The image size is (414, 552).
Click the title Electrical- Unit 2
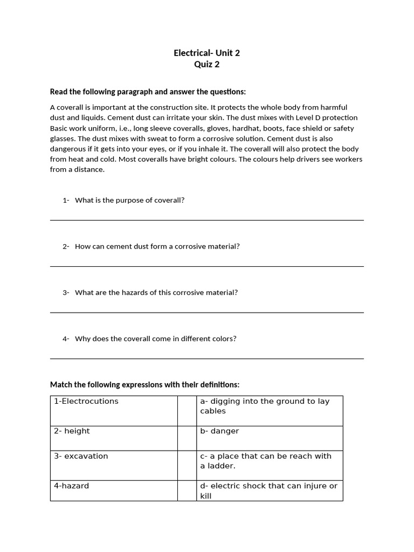click(x=206, y=53)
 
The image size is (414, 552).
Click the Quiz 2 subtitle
click(x=206, y=65)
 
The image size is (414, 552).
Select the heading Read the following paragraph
click(x=148, y=92)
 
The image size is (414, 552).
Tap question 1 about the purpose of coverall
click(x=129, y=200)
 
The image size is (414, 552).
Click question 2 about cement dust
click(x=157, y=246)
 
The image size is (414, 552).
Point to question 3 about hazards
click(x=156, y=293)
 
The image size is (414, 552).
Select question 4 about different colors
click(x=155, y=339)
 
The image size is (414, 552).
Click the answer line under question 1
click(x=206, y=220)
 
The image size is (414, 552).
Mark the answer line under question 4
click(x=206, y=358)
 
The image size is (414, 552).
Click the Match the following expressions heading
click(x=144, y=384)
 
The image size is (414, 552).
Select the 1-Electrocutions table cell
click(x=114, y=410)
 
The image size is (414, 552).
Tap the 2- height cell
click(x=114, y=438)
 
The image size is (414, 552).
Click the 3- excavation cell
click(x=114, y=463)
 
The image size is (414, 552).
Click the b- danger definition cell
click(x=269, y=438)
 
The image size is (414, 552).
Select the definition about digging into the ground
click(x=269, y=410)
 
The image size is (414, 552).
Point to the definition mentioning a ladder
click(x=269, y=463)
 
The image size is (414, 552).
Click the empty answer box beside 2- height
click(x=187, y=438)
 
